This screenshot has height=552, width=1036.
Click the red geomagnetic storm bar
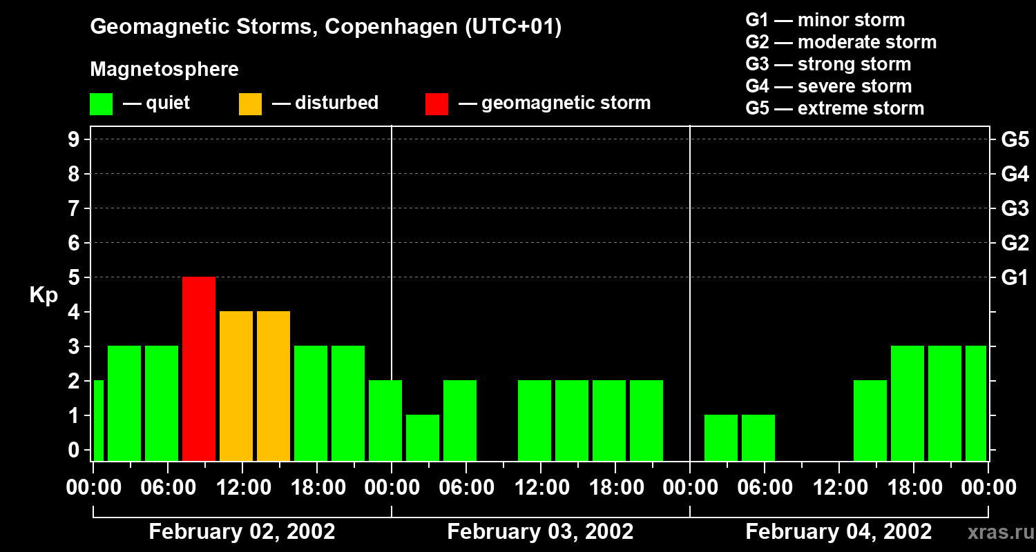coord(199,368)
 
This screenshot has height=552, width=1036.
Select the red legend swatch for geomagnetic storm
coord(437,103)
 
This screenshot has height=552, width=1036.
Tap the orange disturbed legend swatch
coord(250,103)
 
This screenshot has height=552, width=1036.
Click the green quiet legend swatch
coord(101,103)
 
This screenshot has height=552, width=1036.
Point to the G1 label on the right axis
coord(1015,278)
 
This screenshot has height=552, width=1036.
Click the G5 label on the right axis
coord(1015,140)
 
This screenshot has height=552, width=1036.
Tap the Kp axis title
coord(44,295)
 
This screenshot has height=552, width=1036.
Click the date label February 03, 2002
coord(540,532)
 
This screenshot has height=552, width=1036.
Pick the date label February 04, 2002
coord(838,532)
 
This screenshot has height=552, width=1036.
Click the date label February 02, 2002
coord(242,532)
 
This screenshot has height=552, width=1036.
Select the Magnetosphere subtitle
coord(164,70)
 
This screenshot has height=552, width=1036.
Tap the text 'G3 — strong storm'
coord(828,64)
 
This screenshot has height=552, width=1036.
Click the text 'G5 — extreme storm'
coord(834,108)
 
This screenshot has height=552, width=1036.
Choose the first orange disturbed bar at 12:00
coord(236,386)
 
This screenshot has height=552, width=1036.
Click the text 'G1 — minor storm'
coord(825,20)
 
